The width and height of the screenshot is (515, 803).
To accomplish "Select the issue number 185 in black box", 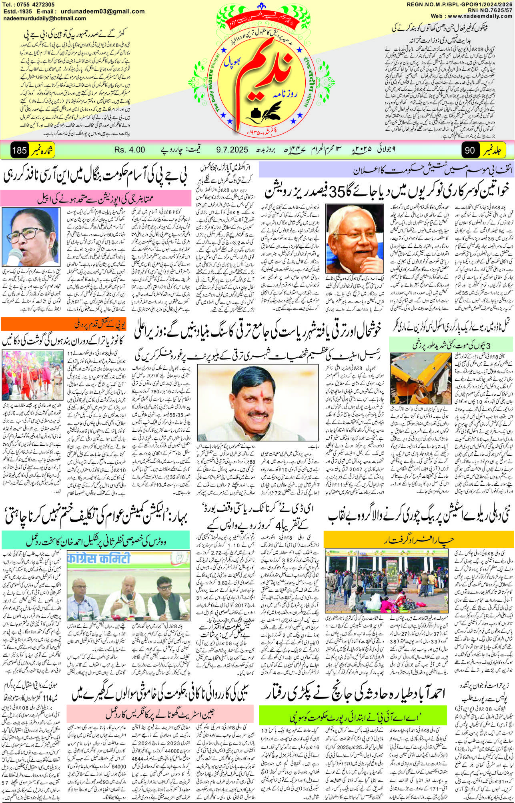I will [x=19, y=150].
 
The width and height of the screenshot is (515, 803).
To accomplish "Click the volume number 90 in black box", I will [x=470, y=150].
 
